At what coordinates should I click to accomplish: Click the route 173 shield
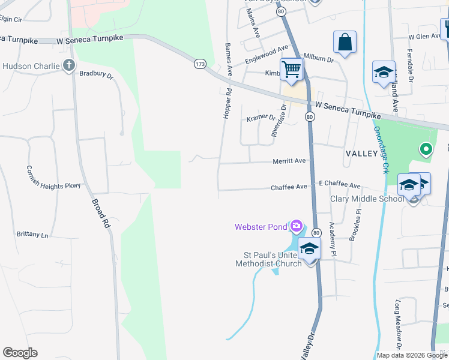[200, 63]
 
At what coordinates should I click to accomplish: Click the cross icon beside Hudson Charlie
[69, 65]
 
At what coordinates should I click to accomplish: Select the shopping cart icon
[292, 69]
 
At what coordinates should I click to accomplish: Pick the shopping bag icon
[345, 43]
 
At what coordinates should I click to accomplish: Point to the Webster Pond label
[261, 227]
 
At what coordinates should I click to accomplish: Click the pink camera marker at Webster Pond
[296, 227]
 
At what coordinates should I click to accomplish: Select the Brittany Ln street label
[32, 235]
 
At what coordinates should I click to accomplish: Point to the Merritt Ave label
[289, 161]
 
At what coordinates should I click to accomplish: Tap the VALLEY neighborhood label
[361, 154]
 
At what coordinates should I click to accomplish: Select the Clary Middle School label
[367, 199]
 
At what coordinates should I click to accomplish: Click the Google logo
[20, 353]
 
